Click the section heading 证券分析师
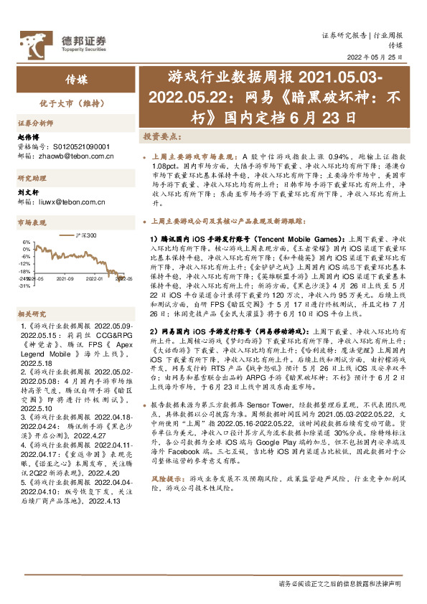tap(34, 123)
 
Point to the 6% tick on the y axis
tap(26, 242)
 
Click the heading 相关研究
tap(31, 293)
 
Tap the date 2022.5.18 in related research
tap(31, 342)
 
